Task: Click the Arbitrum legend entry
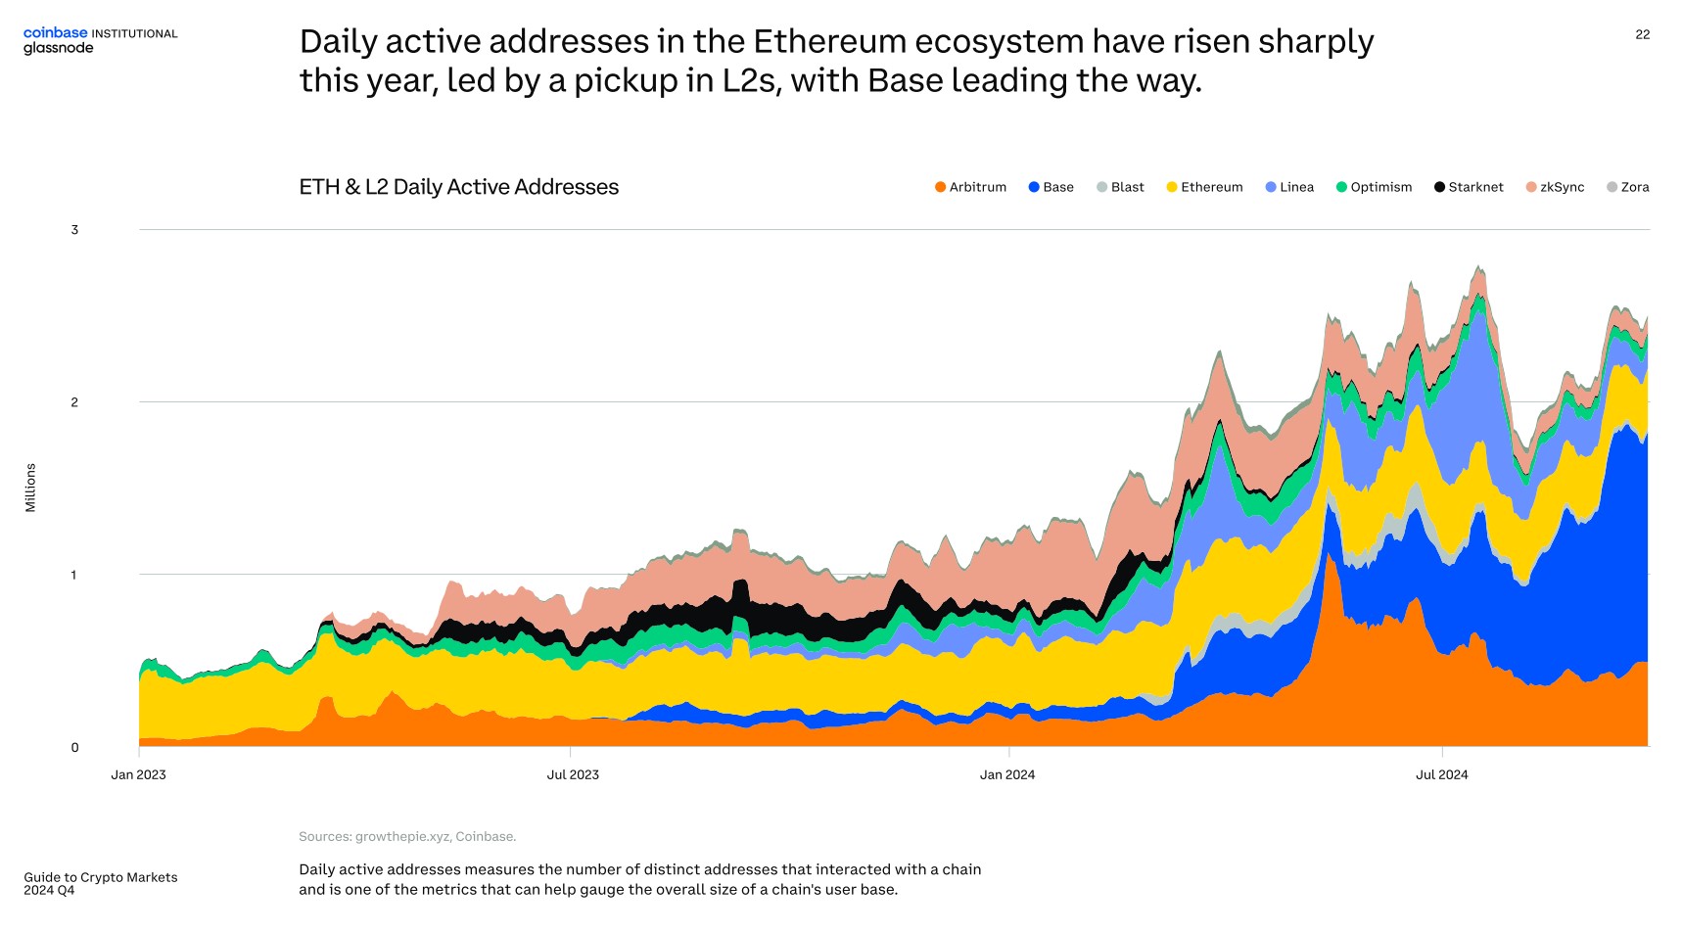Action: tap(970, 187)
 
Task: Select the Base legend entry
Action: tap(1051, 187)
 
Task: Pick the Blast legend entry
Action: tap(1120, 187)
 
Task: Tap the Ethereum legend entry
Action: tap(1204, 187)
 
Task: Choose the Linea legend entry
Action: tap(1289, 187)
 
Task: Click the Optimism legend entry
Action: tap(1374, 187)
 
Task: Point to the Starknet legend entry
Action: tap(1469, 187)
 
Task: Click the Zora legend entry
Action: tap(1627, 187)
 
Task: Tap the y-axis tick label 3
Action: tap(74, 230)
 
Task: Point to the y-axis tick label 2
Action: tap(74, 402)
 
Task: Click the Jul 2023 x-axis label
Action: tap(573, 774)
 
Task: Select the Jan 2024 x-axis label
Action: tap(1006, 774)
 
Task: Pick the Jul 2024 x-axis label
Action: tap(1441, 774)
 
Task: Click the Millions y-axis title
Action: tap(30, 488)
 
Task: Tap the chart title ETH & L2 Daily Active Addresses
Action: tap(458, 187)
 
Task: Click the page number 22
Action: tap(1642, 34)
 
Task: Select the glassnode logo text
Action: tap(59, 48)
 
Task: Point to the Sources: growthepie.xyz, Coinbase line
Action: tap(407, 836)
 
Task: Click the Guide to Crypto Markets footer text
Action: tap(101, 877)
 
